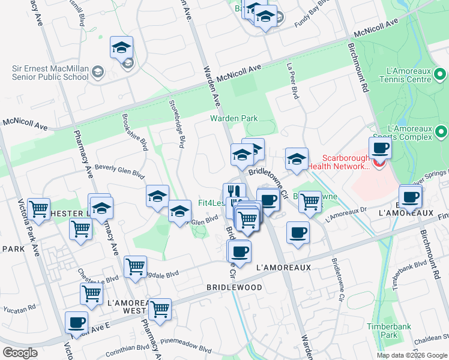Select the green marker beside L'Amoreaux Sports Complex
(x=441, y=131)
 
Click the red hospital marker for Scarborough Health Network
(x=378, y=161)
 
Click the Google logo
(x=20, y=352)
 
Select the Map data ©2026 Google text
(x=412, y=355)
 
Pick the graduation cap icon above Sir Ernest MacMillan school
(x=122, y=47)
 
